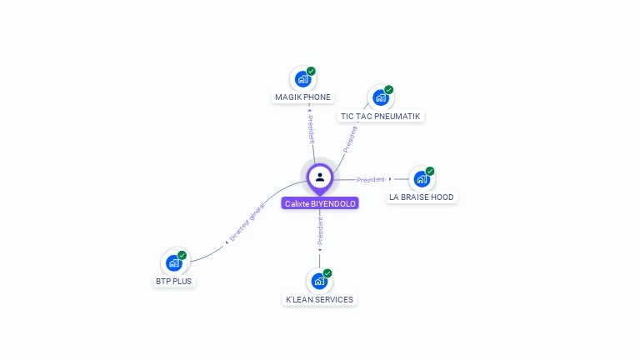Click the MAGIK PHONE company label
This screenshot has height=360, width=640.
click(302, 97)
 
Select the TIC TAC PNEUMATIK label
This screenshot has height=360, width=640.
click(380, 117)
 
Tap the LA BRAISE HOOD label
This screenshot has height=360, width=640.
click(422, 197)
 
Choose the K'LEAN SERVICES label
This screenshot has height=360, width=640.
click(319, 300)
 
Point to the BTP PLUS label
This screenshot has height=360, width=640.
click(173, 282)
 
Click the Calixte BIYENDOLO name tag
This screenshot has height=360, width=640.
click(320, 203)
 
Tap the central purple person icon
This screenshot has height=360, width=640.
click(320, 177)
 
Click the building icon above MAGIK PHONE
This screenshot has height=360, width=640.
click(302, 79)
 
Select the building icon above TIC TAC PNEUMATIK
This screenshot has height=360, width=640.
click(380, 98)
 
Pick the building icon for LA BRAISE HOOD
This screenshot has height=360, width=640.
click(421, 179)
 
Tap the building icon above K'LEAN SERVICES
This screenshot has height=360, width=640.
click(318, 282)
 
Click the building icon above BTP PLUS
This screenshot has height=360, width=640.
click(173, 263)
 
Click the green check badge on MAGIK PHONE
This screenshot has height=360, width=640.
click(311, 71)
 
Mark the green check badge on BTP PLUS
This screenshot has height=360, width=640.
click(182, 255)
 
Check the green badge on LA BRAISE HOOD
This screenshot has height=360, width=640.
click(430, 171)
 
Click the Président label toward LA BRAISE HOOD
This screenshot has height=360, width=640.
click(371, 179)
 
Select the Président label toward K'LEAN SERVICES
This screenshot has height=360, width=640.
click(320, 230)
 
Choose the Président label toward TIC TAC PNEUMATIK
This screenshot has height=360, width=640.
click(350, 138)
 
